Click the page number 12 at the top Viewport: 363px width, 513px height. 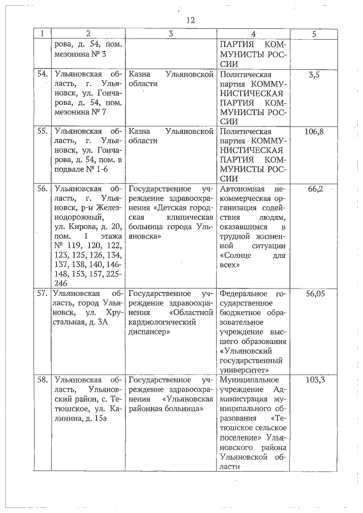pyautogui.click(x=190, y=20)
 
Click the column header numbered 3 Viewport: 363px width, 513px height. pyautogui.click(x=170, y=34)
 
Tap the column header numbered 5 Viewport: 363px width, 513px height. pyautogui.click(x=314, y=34)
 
